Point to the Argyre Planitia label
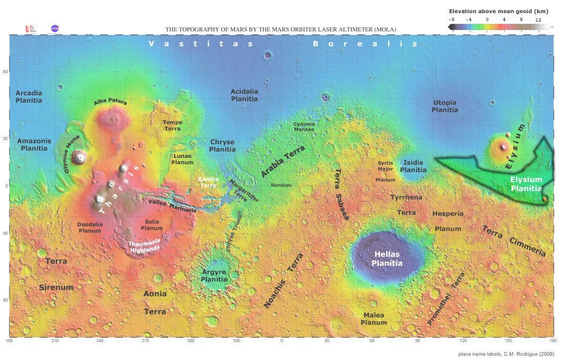pos(214,276)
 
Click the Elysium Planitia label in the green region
pos(526,184)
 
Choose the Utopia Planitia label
pos(444,106)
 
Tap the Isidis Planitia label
pos(413,166)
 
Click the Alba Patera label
pos(110,102)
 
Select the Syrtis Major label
pos(386,166)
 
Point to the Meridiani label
pos(281,186)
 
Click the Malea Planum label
pos(374,318)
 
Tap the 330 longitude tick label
pos(236,341)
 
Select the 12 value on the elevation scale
pos(537,19)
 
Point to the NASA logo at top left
pos(54,28)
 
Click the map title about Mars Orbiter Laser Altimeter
pos(281,29)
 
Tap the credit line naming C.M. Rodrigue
pos(506,354)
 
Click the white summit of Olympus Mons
pos(80,156)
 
